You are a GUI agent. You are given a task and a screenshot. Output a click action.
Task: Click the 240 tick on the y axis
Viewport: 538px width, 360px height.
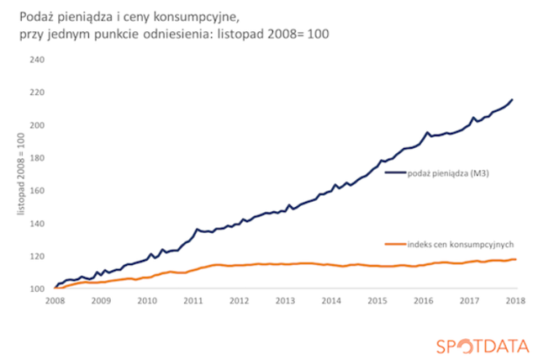(x=37, y=60)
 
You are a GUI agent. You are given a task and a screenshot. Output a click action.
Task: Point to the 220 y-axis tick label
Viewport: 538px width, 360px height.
(x=37, y=93)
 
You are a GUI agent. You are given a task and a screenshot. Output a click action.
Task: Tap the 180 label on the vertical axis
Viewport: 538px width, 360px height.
(x=37, y=158)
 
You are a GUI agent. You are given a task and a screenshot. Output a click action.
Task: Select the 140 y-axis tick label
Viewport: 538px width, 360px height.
(x=37, y=224)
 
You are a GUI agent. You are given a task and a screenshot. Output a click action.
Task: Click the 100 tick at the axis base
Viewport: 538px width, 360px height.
(x=37, y=289)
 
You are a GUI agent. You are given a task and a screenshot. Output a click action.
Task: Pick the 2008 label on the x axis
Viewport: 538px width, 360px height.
(x=55, y=301)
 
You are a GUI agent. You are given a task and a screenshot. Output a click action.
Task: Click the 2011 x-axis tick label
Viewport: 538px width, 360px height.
(x=193, y=301)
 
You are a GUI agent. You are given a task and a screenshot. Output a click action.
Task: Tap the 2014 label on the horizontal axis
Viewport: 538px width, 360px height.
(x=331, y=301)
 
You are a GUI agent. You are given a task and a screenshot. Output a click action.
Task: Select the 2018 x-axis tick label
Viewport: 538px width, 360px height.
(x=515, y=301)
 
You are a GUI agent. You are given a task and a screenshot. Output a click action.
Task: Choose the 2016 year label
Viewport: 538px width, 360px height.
(x=424, y=301)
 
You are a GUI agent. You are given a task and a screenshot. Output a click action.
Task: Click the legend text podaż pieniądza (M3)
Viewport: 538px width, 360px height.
(x=448, y=173)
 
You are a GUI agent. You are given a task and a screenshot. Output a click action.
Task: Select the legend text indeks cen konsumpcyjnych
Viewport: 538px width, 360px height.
(x=461, y=245)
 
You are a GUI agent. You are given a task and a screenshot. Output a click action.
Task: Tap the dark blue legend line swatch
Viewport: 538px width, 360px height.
(x=395, y=172)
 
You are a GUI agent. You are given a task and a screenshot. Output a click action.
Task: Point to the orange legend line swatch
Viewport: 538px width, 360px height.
(x=395, y=244)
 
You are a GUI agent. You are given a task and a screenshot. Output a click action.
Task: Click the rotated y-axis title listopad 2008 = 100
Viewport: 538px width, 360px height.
(x=21, y=174)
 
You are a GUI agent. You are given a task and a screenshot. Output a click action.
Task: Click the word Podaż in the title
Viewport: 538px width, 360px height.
(x=36, y=17)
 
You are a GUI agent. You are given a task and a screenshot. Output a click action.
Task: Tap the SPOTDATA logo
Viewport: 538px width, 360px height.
(x=483, y=347)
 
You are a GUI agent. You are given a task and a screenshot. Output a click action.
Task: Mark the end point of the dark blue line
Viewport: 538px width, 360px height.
(x=512, y=100)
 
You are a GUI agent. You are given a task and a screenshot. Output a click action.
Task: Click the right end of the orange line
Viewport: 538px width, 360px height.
(x=515, y=259)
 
